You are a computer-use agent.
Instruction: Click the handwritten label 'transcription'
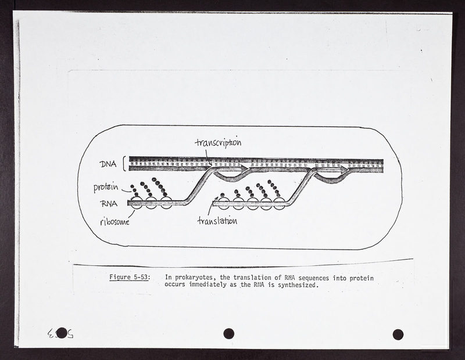218,142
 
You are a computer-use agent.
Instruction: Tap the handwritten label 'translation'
217,221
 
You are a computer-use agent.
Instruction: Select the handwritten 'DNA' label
108,164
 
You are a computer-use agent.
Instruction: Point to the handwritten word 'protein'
106,188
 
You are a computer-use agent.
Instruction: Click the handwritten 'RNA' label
109,204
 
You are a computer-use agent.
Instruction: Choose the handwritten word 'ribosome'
115,222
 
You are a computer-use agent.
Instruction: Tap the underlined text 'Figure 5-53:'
130,278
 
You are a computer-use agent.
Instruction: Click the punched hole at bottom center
228,334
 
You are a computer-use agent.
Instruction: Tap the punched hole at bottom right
398,334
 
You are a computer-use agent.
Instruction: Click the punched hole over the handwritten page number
61,333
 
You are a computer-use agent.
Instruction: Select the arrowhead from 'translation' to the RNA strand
213,203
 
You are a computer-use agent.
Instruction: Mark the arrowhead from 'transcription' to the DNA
210,164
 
